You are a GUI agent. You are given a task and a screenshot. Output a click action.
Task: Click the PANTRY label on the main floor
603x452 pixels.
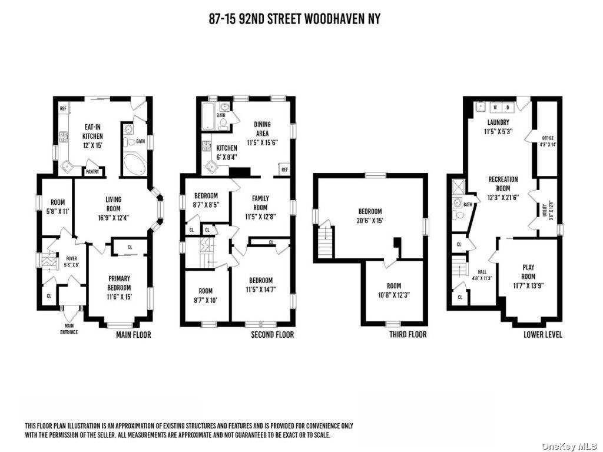(92, 172)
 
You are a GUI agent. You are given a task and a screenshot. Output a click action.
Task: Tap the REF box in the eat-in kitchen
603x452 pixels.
(64, 109)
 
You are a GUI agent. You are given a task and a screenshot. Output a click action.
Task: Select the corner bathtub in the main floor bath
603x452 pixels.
(134, 165)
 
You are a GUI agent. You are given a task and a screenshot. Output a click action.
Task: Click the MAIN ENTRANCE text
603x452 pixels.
(69, 329)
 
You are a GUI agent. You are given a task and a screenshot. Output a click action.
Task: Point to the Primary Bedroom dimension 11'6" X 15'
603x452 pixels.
(119, 297)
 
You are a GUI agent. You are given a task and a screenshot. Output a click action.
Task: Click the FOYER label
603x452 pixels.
(71, 259)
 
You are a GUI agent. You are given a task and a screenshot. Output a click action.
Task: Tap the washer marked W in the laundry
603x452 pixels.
(495, 107)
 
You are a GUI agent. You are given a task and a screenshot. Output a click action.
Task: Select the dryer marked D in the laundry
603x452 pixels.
(508, 107)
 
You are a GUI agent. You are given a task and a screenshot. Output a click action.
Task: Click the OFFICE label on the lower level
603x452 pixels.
(548, 138)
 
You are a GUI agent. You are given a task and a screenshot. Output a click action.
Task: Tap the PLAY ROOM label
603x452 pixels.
(528, 272)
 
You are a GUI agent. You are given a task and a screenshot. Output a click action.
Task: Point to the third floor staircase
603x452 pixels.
(325, 242)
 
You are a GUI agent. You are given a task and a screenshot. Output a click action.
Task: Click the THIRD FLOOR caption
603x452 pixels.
(408, 334)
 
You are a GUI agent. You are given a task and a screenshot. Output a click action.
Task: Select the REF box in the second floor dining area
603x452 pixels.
(284, 169)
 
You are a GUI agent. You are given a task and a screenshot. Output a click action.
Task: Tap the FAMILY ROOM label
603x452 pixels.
(260, 203)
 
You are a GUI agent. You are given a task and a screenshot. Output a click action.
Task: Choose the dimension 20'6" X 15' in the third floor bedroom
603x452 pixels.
(370, 221)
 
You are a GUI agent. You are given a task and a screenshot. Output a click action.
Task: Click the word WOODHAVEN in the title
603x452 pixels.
(333, 19)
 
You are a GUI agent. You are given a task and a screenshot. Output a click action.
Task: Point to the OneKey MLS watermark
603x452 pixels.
(569, 446)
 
